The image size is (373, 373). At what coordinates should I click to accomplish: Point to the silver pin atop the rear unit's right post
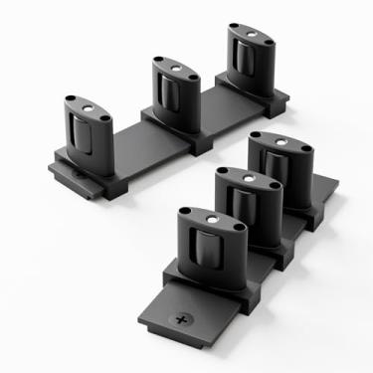(249, 35)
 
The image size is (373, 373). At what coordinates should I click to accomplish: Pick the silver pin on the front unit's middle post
(243, 176)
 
